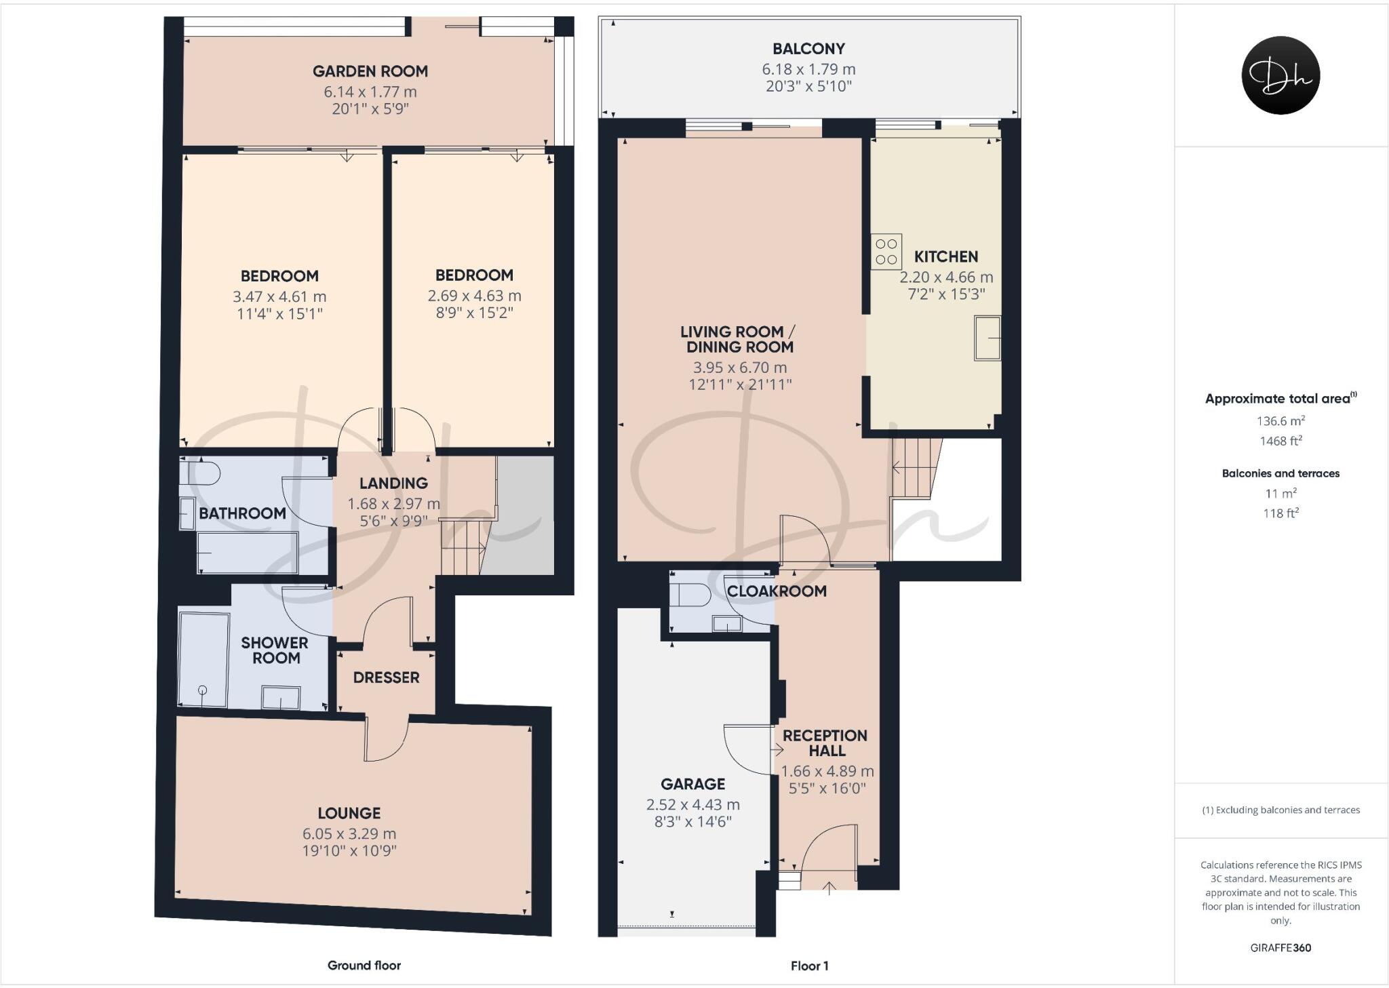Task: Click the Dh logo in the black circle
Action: click(1280, 75)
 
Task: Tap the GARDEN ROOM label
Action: click(370, 71)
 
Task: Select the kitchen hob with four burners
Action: click(886, 252)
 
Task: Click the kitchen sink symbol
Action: click(987, 338)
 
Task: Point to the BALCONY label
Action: click(808, 49)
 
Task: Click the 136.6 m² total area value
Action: click(1280, 421)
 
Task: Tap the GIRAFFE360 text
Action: click(1280, 948)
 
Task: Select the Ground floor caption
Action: click(364, 965)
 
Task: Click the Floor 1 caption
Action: click(809, 966)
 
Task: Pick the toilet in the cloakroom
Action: click(690, 595)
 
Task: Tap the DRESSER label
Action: click(386, 677)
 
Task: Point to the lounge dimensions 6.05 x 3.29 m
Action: click(349, 833)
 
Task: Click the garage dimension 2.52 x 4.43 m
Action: click(692, 805)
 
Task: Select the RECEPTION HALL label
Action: click(825, 743)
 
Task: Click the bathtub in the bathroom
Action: click(248, 552)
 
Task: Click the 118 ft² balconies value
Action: click(1280, 513)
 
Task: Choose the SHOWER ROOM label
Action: click(275, 650)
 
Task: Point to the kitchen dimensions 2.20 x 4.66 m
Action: click(946, 277)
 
